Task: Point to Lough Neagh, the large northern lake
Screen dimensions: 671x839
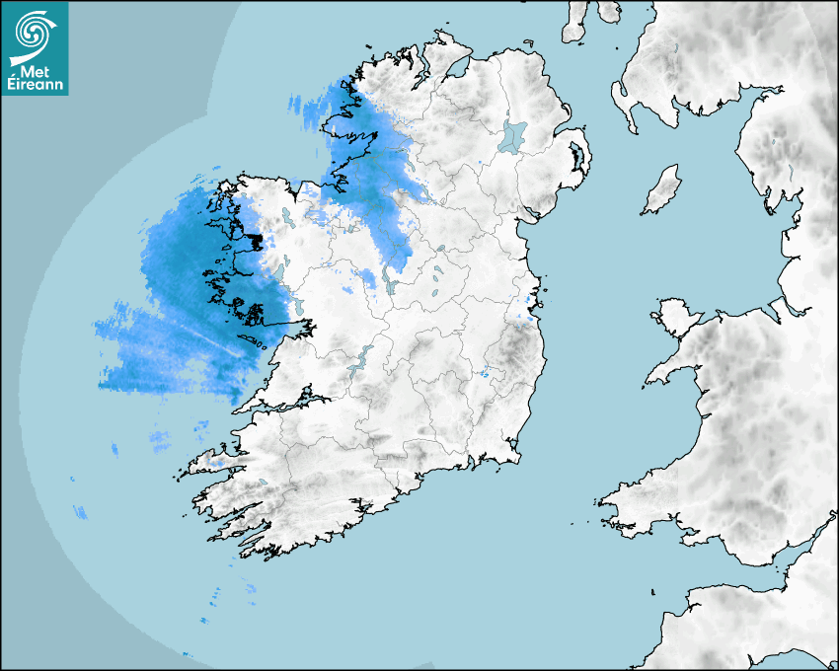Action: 512,135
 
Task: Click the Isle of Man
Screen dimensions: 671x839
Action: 662,189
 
